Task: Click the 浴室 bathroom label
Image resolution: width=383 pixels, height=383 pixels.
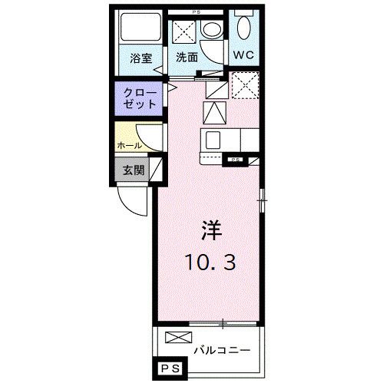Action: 140,58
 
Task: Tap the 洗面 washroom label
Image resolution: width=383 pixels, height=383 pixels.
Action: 187,58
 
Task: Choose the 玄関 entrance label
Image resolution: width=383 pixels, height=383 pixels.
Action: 131,170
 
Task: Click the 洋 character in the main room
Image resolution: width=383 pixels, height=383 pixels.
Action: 213,229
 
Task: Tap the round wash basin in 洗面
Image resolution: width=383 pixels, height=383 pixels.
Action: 210,31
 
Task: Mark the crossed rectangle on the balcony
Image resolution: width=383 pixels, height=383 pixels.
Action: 175,337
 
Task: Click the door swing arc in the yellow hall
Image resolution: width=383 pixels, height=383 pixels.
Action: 152,136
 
